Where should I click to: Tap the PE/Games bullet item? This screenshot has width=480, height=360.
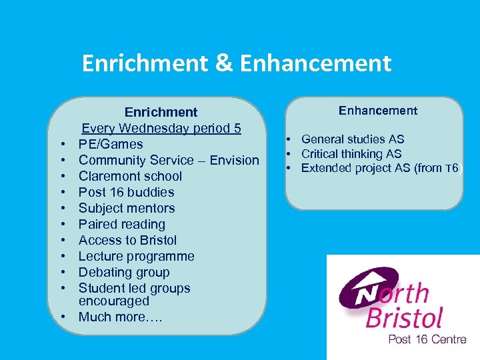[x=111, y=144]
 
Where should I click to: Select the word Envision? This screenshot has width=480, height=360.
[x=233, y=160]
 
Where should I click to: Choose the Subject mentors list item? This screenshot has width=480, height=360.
[x=127, y=208]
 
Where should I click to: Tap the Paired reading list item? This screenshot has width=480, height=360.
[x=122, y=224]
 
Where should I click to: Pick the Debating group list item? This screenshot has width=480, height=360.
[x=124, y=272]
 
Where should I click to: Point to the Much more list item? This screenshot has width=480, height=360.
[x=121, y=317]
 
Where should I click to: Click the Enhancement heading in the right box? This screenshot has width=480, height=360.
[x=378, y=111]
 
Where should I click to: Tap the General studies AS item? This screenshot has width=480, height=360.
[x=353, y=139]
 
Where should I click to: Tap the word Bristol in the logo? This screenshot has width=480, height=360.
[x=405, y=317]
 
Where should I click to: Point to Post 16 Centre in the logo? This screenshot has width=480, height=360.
[x=427, y=339]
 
